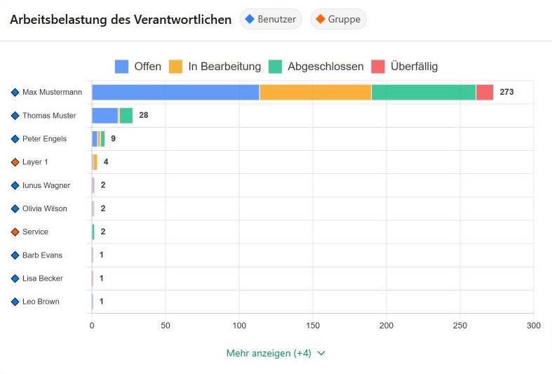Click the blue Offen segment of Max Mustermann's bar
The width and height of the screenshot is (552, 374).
[175, 92]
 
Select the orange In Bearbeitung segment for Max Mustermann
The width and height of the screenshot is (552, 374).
[315, 92]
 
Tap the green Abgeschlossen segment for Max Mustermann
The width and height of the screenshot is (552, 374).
[423, 92]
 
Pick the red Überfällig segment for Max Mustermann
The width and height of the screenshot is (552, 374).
[484, 92]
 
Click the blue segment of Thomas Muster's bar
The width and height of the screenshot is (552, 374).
[105, 116]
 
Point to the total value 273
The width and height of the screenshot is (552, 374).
[506, 92]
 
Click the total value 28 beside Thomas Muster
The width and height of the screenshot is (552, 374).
[143, 115]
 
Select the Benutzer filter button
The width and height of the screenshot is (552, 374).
[271, 20]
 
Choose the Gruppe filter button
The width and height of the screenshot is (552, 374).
[338, 20]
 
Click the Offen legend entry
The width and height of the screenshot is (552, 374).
[138, 67]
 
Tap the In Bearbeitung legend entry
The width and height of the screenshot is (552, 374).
[215, 67]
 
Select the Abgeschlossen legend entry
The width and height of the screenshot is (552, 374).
[316, 67]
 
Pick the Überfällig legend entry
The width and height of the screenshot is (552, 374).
[405, 67]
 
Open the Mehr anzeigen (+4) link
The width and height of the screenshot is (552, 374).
[276, 353]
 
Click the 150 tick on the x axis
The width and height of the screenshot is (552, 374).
[313, 326]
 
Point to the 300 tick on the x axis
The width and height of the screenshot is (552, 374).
[534, 326]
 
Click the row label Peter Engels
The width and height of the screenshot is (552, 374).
[44, 139]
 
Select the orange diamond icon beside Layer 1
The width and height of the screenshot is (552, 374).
[15, 162]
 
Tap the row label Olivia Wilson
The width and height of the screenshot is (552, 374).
[44, 208]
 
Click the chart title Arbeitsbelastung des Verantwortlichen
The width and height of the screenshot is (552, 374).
[121, 20]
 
